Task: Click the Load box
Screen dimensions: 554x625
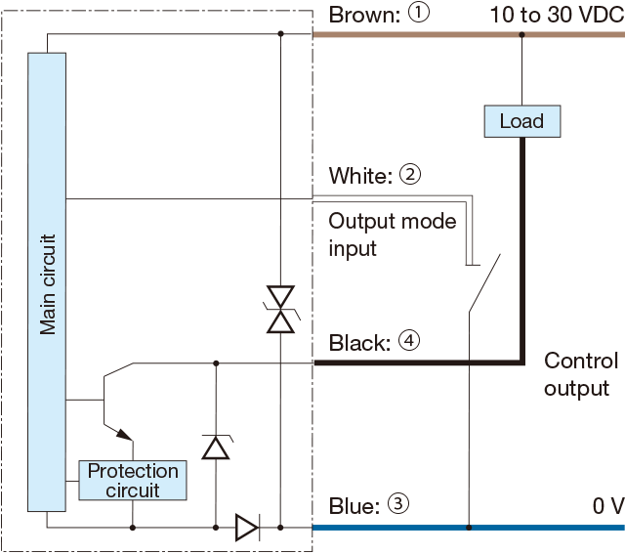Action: pos(521,121)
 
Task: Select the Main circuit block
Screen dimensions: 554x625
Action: pos(47,281)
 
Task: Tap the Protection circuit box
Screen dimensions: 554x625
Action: pos(133,481)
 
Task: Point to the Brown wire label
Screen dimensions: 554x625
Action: pos(363,16)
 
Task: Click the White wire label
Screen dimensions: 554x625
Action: pos(361,176)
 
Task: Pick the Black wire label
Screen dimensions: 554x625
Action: pos(360,343)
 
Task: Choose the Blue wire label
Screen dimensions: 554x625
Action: pos(354,506)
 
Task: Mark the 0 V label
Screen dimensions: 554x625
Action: pos(606,506)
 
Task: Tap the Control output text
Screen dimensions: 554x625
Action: pos(580,375)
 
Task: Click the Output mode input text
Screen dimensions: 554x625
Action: pos(392,234)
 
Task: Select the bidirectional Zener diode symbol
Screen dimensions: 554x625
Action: pos(281,310)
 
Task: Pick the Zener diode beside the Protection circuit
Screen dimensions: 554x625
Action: pos(215,447)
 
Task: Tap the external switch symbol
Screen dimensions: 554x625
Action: pos(484,283)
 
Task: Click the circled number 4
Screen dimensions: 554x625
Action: pos(409,342)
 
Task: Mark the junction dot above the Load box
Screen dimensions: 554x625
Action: pos(521,34)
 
